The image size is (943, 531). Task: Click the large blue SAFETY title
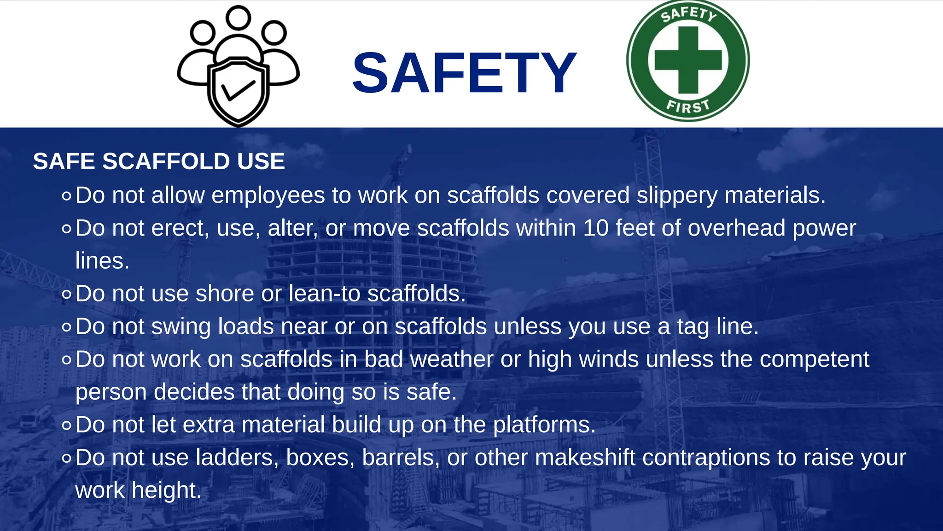pos(464,73)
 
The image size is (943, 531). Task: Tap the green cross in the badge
pos(688,60)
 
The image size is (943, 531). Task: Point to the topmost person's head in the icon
pos(238,18)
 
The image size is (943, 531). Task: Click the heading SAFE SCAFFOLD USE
pos(159,161)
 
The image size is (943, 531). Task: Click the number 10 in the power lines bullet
pos(595,228)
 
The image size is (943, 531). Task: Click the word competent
pos(814,359)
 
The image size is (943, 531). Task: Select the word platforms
pos(544,425)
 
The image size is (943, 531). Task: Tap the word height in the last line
pos(166,490)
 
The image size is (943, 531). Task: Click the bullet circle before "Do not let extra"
pos(67,425)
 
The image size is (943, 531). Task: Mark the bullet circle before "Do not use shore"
pos(67,294)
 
